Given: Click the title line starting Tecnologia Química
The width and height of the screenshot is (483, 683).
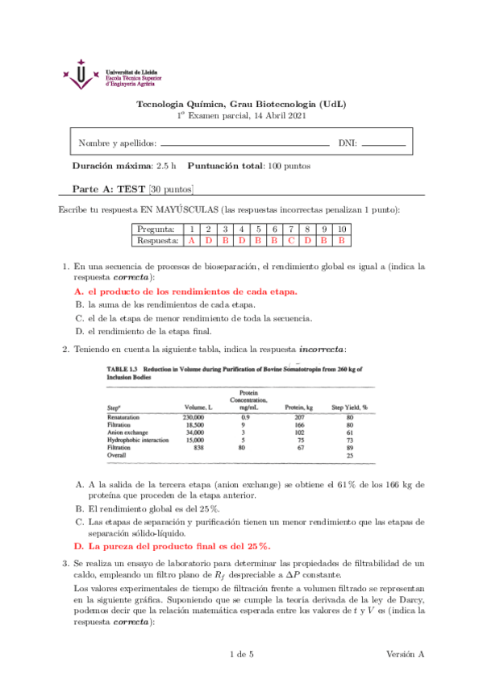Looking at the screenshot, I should point(241,105).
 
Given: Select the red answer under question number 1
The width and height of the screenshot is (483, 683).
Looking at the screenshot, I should point(191,240).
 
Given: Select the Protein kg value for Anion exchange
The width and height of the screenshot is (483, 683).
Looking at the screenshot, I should point(297,433).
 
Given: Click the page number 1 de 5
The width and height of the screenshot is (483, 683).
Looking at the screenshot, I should point(242,654).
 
